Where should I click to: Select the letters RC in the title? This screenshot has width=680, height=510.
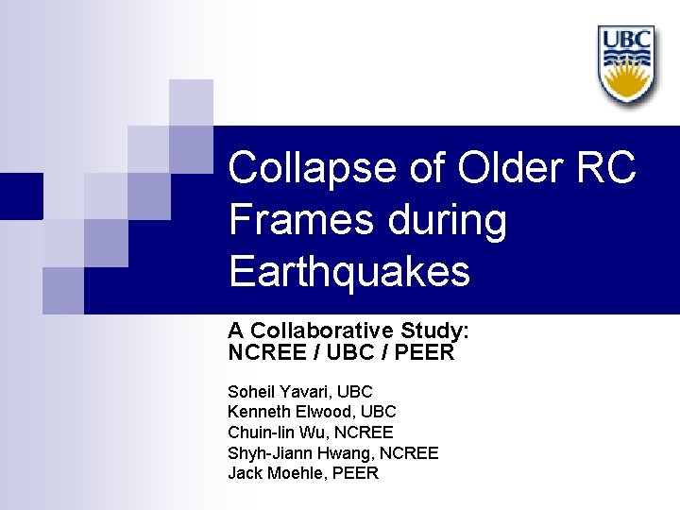pos(604,168)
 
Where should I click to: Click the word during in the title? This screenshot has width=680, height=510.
pos(451,220)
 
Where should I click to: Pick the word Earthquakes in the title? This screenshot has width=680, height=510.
pos(348,272)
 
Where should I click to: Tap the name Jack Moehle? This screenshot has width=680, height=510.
pos(275,473)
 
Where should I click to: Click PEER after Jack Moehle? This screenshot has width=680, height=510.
pos(355,473)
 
